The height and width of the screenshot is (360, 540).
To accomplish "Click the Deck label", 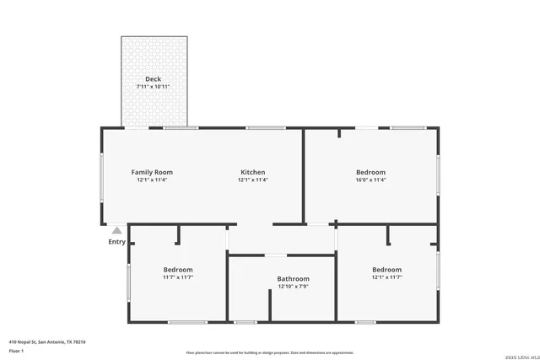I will coord(153,79).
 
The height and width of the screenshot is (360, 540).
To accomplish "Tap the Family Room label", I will coord(152,172).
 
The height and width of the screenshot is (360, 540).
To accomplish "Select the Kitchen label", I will coord(253,172).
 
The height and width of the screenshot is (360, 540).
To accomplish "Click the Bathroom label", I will coord(294,279).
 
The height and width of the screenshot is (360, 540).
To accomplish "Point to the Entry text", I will coord(116,242).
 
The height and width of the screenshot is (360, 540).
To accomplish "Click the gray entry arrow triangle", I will coord(116,229).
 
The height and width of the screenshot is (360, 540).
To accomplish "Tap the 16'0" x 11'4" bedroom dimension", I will coord(370,180).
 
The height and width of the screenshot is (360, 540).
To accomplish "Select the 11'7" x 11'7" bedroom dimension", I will coord(178,277).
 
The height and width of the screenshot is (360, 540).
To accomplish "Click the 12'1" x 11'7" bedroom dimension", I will coord(387,277).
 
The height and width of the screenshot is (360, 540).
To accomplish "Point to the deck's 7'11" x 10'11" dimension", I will coord(153,87).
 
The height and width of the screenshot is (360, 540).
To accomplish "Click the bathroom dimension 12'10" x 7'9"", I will coord(294,287).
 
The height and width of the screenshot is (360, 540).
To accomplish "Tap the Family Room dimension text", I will coord(152,180).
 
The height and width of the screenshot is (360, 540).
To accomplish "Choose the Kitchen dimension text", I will coord(253,180).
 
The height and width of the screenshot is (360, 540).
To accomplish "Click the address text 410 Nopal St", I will coord(47,341).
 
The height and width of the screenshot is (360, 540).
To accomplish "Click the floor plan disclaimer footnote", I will coord(270,352).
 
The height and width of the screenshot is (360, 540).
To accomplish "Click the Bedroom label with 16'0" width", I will coord(370,172).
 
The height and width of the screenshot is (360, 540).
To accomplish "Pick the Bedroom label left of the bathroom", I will coord(178,270).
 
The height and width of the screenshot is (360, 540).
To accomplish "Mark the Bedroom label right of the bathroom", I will coord(387,270).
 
